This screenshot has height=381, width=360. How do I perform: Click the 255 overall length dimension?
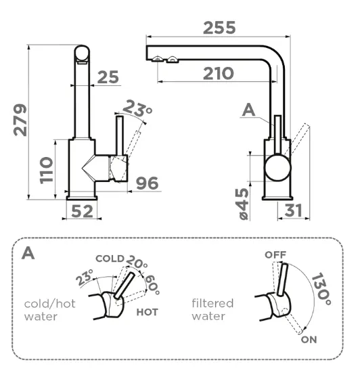pyautogui.click(x=219, y=28)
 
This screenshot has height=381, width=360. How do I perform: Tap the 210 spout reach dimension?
pyautogui.click(x=219, y=74)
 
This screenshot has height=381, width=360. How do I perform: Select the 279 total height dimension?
pyautogui.click(x=20, y=120)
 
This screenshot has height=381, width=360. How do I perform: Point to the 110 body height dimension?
pyautogui.click(x=47, y=170)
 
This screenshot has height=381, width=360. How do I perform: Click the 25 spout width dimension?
pyautogui.click(x=108, y=77)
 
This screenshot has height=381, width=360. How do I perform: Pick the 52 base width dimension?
pyautogui.click(x=82, y=211)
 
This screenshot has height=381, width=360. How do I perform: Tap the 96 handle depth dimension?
pyautogui.click(x=148, y=183)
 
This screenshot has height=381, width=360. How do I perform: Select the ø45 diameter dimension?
pyautogui.click(x=242, y=204)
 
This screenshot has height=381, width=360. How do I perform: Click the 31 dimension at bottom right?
pyautogui.click(x=294, y=210)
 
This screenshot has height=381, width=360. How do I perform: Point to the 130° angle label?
pyautogui.click(x=321, y=289)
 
